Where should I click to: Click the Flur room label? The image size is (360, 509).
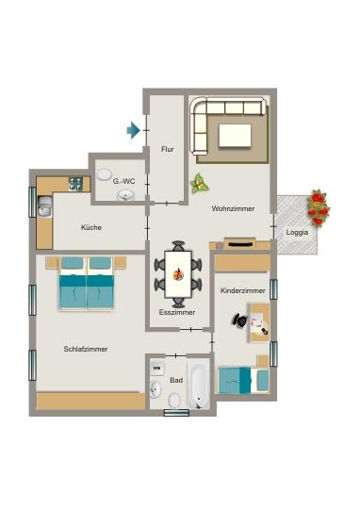(x=168, y=149)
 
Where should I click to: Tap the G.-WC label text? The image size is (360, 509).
(x=125, y=179)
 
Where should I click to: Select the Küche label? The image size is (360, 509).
(x=91, y=227)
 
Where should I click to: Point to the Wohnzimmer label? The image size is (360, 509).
(x=231, y=208)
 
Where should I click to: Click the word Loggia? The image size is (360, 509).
(x=298, y=232)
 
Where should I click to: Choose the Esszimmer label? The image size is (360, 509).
(x=176, y=311)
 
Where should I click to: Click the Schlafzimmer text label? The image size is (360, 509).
(x=86, y=349)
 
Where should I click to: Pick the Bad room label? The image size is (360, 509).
(x=176, y=380)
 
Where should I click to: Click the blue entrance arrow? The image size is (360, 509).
(x=134, y=130)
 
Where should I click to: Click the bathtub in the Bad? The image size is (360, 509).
(x=199, y=385)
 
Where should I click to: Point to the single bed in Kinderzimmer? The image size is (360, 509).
(x=243, y=380)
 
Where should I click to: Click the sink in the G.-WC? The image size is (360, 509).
(x=126, y=195)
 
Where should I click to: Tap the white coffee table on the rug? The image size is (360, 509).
(x=236, y=135)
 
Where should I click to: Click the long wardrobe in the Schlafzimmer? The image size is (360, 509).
(x=90, y=402)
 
